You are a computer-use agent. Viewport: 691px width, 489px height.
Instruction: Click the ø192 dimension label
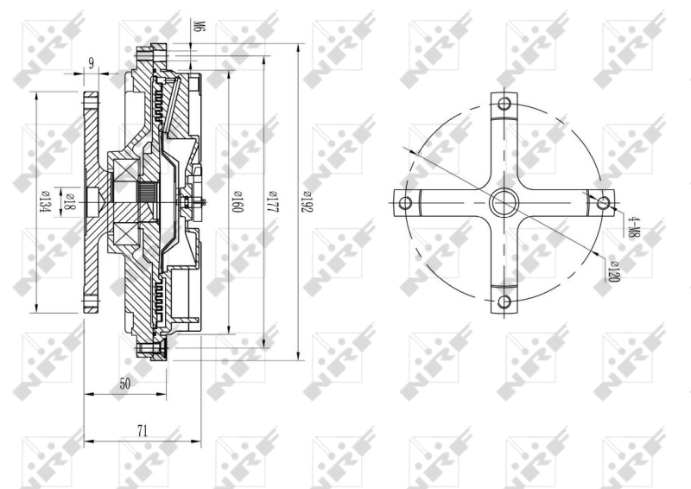point(305,205)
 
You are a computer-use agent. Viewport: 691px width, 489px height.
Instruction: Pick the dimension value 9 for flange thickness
point(90,62)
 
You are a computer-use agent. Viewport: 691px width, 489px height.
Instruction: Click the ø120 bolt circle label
point(614,271)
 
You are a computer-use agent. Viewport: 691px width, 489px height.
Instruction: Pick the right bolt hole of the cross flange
point(604,204)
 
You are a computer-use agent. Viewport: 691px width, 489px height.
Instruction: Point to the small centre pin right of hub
point(200,204)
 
